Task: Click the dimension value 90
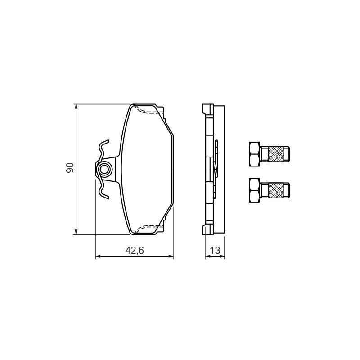[70, 168]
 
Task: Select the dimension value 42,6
[135, 251]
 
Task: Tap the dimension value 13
[215, 251]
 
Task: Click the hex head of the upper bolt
[254, 154]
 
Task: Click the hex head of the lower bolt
[254, 190]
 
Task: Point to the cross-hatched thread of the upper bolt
[275, 154]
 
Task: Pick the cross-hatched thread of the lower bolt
[275, 190]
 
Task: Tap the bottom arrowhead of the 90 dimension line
[76, 232]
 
